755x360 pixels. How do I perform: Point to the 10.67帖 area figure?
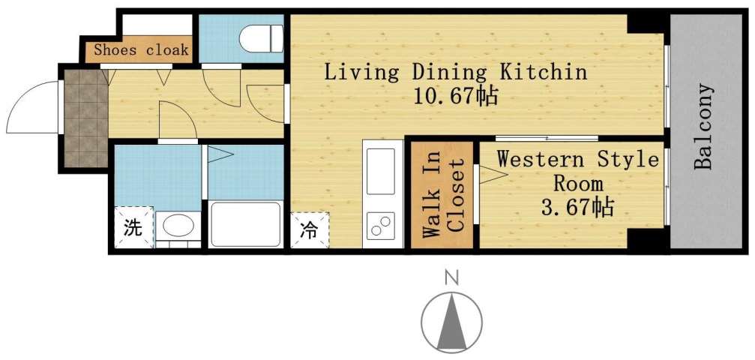pos(454,97)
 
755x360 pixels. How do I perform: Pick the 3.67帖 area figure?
pos(577,206)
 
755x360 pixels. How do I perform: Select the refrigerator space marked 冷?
pos(309,230)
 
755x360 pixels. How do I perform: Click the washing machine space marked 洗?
pos(132,227)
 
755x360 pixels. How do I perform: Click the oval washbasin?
pos(178,226)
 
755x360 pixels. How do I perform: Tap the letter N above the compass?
pos(451,278)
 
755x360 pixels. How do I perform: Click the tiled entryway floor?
pos(84,118)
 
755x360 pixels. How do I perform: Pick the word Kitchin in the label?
pos(544,73)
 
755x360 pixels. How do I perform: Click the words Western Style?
pos(577,160)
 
